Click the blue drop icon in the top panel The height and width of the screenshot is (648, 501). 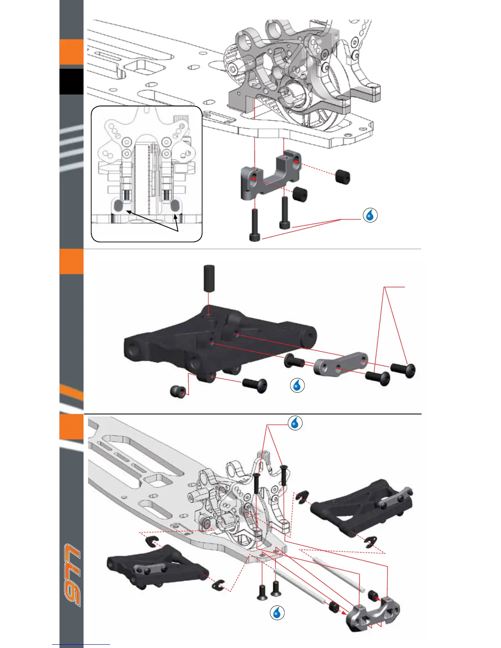tap(370, 215)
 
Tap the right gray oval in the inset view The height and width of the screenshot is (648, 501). tap(175, 205)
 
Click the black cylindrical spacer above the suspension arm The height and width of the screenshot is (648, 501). tap(209, 278)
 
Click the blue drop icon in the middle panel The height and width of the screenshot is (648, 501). tap(297, 385)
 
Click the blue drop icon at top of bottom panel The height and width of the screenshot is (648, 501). tap(295, 423)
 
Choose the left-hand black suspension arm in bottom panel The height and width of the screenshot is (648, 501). tap(158, 565)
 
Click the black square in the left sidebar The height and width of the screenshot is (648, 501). tap(71, 81)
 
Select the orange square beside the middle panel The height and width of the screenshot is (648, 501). tap(71, 262)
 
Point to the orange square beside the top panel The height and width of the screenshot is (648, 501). tap(71, 52)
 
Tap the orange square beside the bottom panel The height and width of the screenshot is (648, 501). tap(71, 427)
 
